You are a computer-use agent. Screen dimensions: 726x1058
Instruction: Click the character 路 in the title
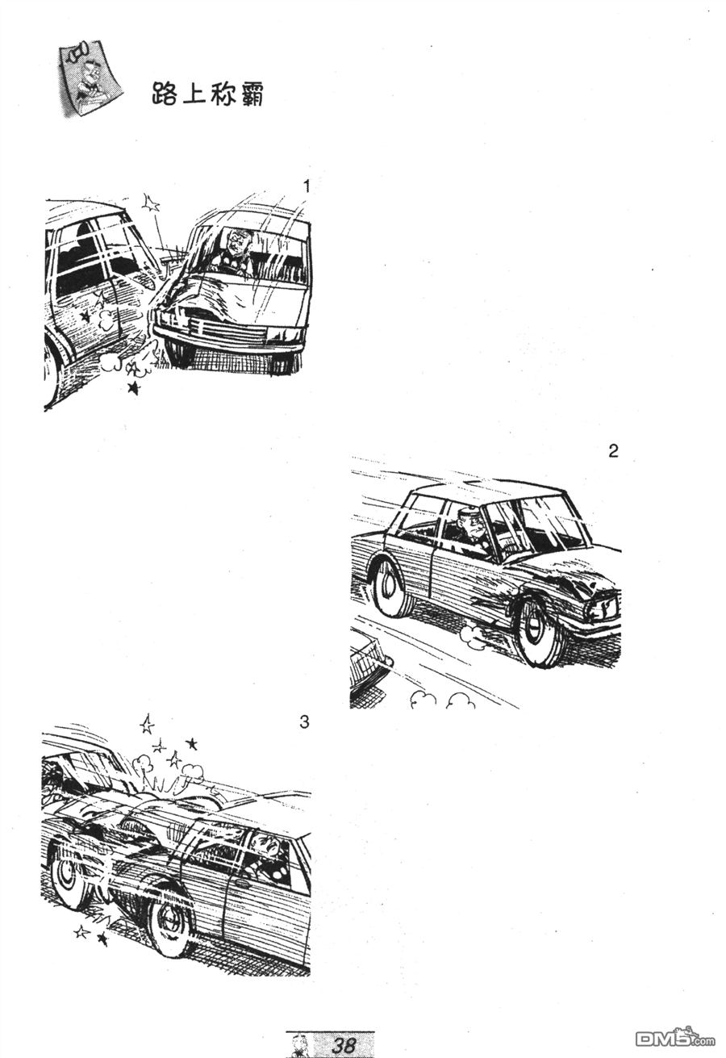165,94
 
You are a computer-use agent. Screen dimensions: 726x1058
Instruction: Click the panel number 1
307,187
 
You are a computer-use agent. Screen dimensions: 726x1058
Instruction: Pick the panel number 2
613,452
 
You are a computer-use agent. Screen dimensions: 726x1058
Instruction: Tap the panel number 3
304,722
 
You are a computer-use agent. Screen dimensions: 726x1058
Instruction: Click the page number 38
344,1045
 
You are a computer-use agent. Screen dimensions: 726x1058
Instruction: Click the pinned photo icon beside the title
89,78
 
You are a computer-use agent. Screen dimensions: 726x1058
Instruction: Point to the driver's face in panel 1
235,242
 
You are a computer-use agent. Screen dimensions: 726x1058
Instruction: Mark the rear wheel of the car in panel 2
391,585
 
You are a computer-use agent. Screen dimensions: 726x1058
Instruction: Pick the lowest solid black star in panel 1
134,388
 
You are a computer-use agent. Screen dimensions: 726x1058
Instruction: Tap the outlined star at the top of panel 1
151,204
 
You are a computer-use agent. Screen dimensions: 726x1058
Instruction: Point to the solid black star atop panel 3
191,743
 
